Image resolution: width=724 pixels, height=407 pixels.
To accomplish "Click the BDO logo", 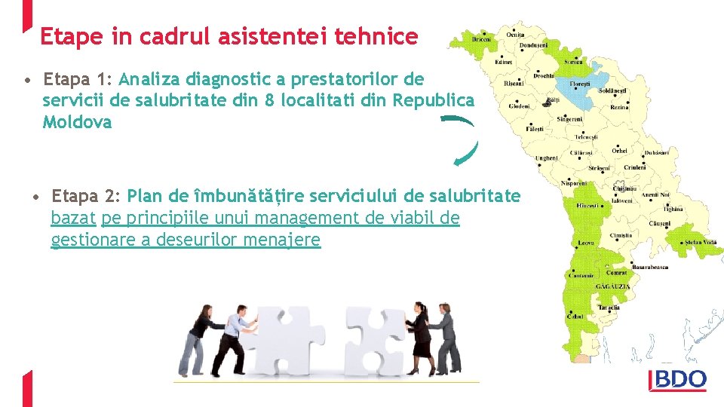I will pyautogui.click(x=677, y=380).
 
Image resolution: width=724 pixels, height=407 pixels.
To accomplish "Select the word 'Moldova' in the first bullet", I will pyautogui.click(x=77, y=122).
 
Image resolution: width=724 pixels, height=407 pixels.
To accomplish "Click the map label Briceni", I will pyautogui.click(x=482, y=39).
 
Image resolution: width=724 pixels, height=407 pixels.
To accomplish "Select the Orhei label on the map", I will pyautogui.click(x=619, y=151).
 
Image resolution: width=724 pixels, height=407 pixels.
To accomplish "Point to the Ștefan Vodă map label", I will pyautogui.click(x=699, y=242).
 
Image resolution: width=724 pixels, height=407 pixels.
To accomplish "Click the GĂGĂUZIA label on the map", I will pyautogui.click(x=613, y=287).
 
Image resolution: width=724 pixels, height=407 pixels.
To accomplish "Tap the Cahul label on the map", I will pyautogui.click(x=575, y=317).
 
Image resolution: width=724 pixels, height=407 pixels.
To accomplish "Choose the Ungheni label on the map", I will pyautogui.click(x=547, y=158).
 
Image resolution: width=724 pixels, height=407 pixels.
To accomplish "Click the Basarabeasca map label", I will pyautogui.click(x=650, y=267).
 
